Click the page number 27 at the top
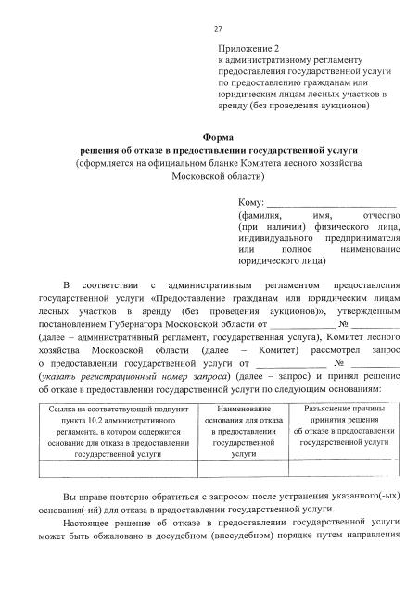(x=218, y=29)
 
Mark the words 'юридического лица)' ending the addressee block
(x=281, y=262)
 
